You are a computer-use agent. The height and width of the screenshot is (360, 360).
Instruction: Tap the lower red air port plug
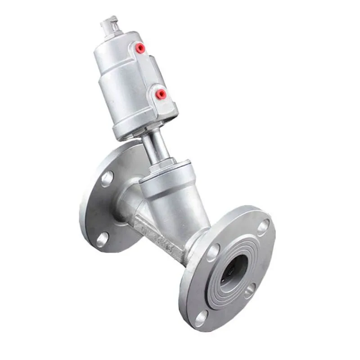tap(160, 94)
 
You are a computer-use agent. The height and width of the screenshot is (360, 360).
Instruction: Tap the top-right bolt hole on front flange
tap(264, 227)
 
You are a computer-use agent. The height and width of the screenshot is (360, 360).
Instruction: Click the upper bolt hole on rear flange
tap(107, 179)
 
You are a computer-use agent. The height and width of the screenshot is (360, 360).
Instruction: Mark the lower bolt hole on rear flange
tap(103, 239)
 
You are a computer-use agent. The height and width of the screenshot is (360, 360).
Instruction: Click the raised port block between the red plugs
tap(148, 72)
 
